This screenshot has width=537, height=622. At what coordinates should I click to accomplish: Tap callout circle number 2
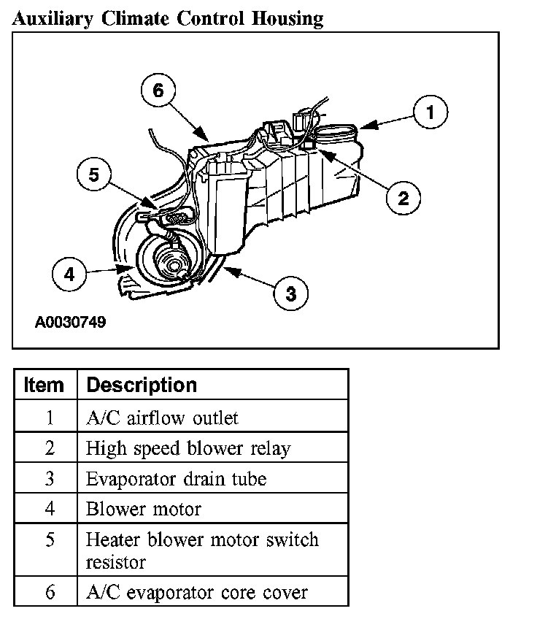(403, 197)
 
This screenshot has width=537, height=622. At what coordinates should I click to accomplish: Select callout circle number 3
(290, 293)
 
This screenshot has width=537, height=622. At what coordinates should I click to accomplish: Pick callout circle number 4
(69, 274)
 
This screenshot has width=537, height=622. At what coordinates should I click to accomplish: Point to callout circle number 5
(93, 175)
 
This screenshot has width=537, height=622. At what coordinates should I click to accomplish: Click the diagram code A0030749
(70, 321)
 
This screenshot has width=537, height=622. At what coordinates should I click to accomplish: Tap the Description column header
(142, 385)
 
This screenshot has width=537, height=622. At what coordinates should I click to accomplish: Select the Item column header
(44, 385)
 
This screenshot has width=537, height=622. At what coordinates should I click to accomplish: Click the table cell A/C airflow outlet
(162, 418)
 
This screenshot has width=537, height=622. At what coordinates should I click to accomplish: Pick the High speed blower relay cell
(188, 448)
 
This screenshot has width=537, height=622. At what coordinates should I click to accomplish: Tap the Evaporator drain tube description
(176, 479)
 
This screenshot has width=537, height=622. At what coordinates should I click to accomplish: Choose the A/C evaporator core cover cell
(196, 592)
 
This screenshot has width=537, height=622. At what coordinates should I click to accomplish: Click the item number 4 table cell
(49, 509)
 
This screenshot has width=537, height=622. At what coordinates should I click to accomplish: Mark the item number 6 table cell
(49, 592)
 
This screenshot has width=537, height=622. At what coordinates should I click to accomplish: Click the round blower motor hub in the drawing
(169, 261)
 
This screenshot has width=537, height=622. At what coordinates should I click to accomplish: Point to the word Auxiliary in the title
(53, 18)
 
